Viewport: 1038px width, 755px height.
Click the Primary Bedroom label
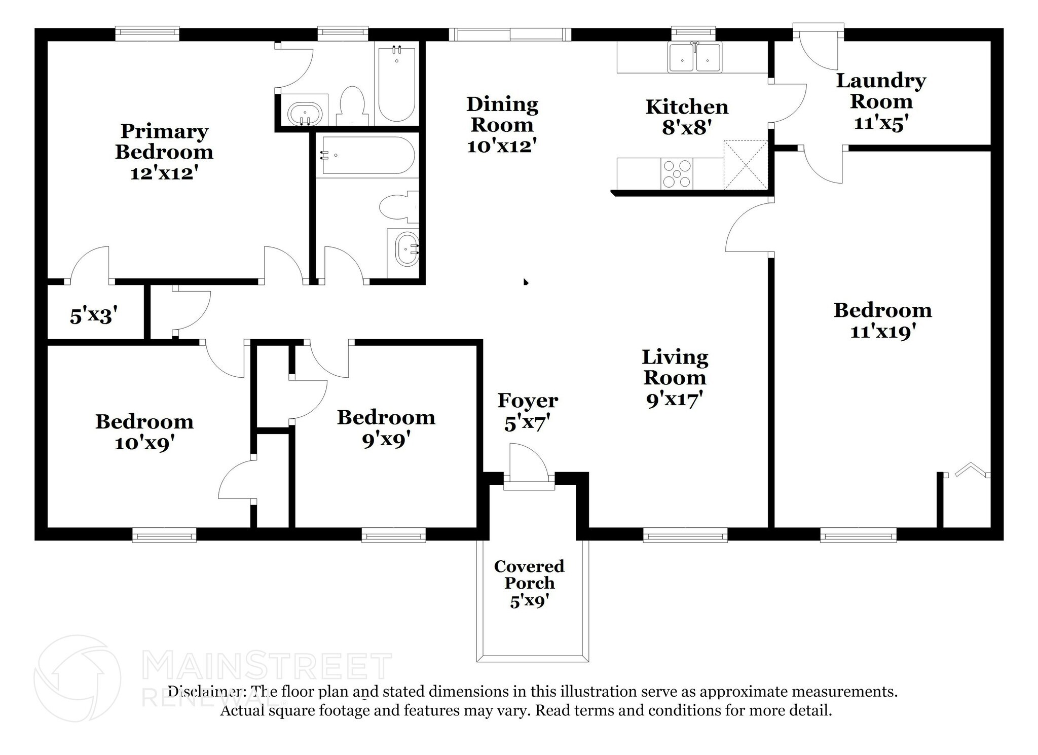[x=164, y=141]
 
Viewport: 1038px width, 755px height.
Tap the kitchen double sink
[x=695, y=58]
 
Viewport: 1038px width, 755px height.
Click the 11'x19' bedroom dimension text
[x=882, y=332]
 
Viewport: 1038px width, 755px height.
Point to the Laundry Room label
[x=881, y=91]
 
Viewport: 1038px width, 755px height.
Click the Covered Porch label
[x=529, y=574]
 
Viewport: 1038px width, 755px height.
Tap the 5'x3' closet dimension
[x=94, y=316]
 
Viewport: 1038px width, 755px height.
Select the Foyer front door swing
[x=529, y=462]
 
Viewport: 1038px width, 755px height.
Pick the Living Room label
[x=675, y=367]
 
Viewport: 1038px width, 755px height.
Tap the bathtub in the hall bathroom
[x=366, y=156]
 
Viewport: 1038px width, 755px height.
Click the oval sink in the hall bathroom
[x=406, y=249]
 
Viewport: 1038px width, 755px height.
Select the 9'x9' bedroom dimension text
[x=386, y=440]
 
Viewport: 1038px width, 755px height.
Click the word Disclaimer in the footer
[x=206, y=692]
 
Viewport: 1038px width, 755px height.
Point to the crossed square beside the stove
[x=745, y=165]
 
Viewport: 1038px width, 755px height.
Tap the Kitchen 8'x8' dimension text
[x=687, y=128]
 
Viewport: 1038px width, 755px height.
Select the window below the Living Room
[x=685, y=535]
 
